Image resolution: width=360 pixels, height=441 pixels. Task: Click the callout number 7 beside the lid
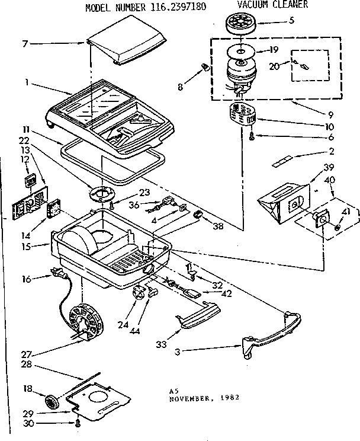point(24,44)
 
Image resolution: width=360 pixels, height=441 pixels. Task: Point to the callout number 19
point(273,50)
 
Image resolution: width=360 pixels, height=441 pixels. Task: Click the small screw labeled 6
point(252,137)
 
